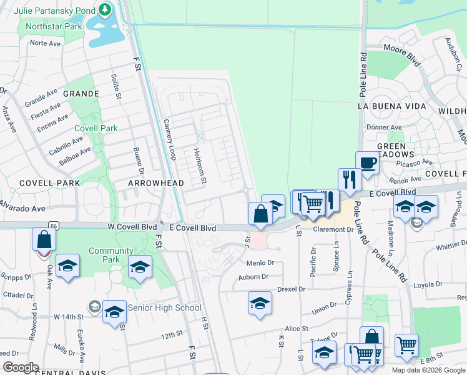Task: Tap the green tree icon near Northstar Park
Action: [x=105, y=10]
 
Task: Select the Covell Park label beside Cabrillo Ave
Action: [x=96, y=128]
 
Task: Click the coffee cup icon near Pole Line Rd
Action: [x=368, y=162]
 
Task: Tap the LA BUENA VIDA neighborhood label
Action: [x=392, y=106]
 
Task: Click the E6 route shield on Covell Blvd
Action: [x=54, y=224]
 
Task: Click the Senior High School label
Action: [x=164, y=307]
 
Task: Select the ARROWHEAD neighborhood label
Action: [x=155, y=183]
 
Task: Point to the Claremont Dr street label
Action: [x=333, y=230]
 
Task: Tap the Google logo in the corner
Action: [x=20, y=367]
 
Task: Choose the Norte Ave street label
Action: [x=45, y=43]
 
